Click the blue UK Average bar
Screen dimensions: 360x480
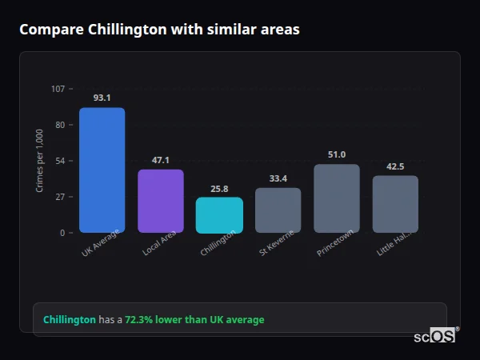pyautogui.click(x=102, y=170)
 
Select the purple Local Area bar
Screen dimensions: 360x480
pyautogui.click(x=160, y=201)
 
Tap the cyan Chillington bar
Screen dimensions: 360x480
pyautogui.click(x=219, y=215)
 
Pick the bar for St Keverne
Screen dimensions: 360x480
pyautogui.click(x=278, y=210)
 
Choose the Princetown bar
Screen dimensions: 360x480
pyautogui.click(x=336, y=198)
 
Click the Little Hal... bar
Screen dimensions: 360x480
pyautogui.click(x=395, y=204)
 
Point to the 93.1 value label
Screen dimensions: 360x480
pyautogui.click(x=102, y=98)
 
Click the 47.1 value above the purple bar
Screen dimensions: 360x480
pyautogui.click(x=160, y=160)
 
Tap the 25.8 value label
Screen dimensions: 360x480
pyautogui.click(x=219, y=189)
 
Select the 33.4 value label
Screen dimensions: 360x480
pyautogui.click(x=278, y=178)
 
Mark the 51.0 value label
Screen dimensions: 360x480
pyautogui.click(x=336, y=154)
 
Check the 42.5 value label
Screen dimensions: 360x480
pyautogui.click(x=395, y=166)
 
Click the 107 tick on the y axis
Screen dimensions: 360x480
pyautogui.click(x=58, y=89)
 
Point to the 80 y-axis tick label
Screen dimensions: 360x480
pyautogui.click(x=59, y=125)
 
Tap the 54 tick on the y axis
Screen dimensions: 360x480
pyautogui.click(x=59, y=161)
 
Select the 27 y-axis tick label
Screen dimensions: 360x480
pyautogui.click(x=59, y=197)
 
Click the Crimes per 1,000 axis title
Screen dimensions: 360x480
pyautogui.click(x=39, y=161)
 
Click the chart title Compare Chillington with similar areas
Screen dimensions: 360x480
pyautogui.click(x=159, y=30)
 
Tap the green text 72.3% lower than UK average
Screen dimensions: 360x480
pyautogui.click(x=194, y=320)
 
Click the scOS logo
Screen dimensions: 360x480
pyautogui.click(x=434, y=336)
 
